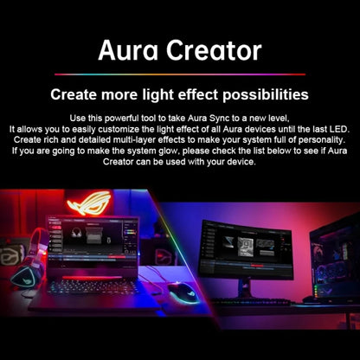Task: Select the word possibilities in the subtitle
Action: click(x=260, y=93)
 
